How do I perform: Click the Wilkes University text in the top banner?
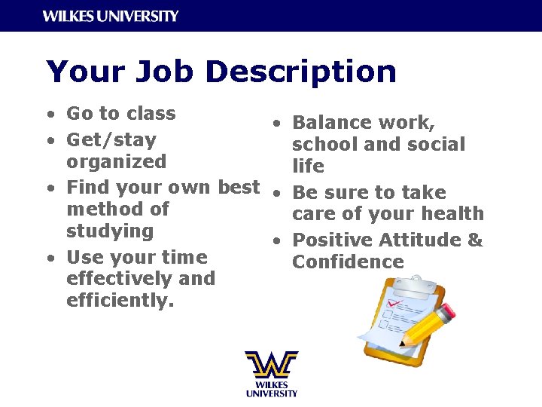tap(111, 16)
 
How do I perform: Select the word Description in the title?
tap(300, 72)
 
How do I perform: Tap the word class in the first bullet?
tap(151, 114)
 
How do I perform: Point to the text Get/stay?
tap(111, 140)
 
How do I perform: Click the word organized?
tap(116, 162)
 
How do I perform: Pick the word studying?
tap(109, 231)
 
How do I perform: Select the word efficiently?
tap(120, 301)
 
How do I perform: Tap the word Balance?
tap(329, 122)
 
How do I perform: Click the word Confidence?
tap(348, 262)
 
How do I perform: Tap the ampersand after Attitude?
tap(475, 240)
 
